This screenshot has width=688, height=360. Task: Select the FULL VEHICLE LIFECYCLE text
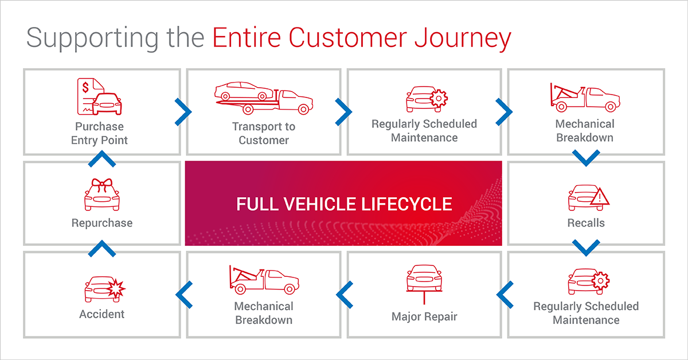tap(344, 204)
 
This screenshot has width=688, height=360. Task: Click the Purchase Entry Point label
tap(99, 133)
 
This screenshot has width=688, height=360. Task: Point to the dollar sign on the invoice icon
tap(86, 88)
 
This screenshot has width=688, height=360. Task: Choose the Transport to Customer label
tap(264, 133)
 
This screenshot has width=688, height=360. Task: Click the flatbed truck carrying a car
tap(264, 97)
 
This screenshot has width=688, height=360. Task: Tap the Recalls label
tap(586, 222)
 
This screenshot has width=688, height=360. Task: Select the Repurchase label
tap(101, 223)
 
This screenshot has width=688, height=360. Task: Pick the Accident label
tap(101, 314)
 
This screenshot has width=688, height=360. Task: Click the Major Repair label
tap(424, 316)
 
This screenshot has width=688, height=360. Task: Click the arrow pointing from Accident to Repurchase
tap(101, 249)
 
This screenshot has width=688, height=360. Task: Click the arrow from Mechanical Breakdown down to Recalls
tap(586, 158)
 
